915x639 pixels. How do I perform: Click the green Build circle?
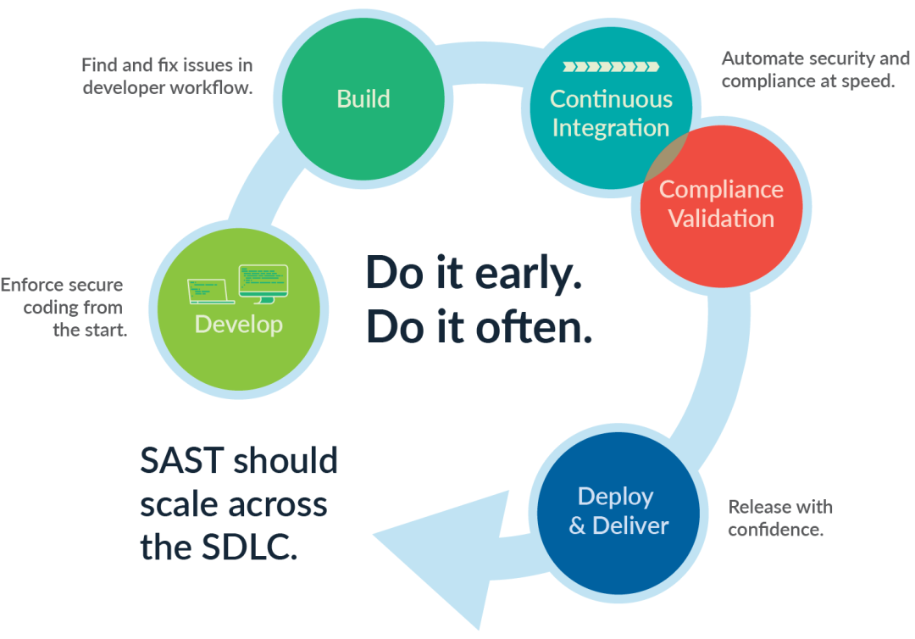click(363, 98)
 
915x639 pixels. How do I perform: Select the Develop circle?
click(239, 309)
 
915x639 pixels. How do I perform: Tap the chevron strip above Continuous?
click(610, 66)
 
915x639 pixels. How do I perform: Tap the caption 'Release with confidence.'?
click(780, 519)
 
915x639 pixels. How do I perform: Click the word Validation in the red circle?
click(721, 219)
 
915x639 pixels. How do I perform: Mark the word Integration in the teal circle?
click(610, 128)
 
